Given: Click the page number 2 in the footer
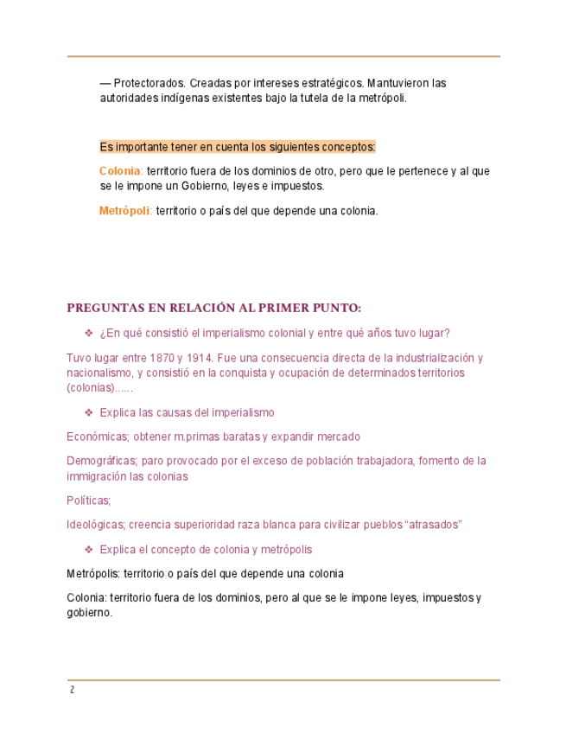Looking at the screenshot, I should point(73,690).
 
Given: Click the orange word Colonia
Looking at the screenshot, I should point(119,171).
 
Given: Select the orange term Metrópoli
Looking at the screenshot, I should point(124,211).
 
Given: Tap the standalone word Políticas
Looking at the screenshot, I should point(88,500).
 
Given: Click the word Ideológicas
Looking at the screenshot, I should point(96,524).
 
